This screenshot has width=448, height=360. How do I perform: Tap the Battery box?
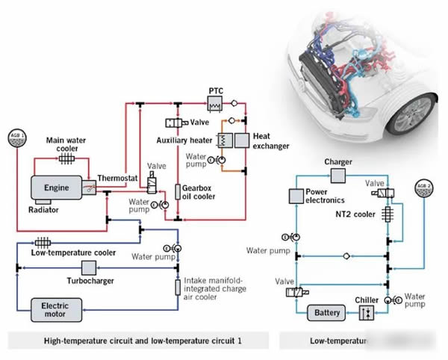pyautogui.click(x=328, y=312)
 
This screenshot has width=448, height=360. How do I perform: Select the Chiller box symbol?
pyautogui.click(x=363, y=313)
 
